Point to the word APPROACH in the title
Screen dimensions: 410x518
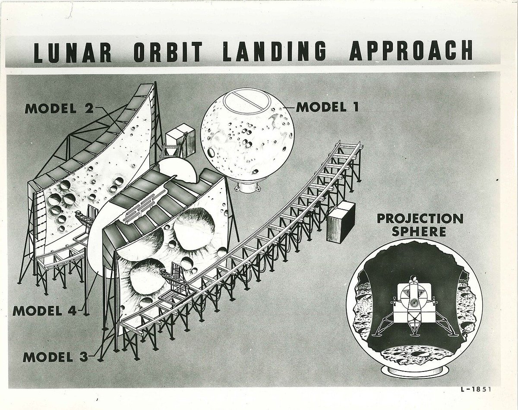click(x=411, y=51)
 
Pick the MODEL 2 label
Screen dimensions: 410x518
click(x=58, y=108)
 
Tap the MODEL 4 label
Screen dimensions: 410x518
click(x=44, y=311)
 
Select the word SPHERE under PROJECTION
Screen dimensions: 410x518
click(x=419, y=232)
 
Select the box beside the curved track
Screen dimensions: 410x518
click(x=341, y=222)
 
